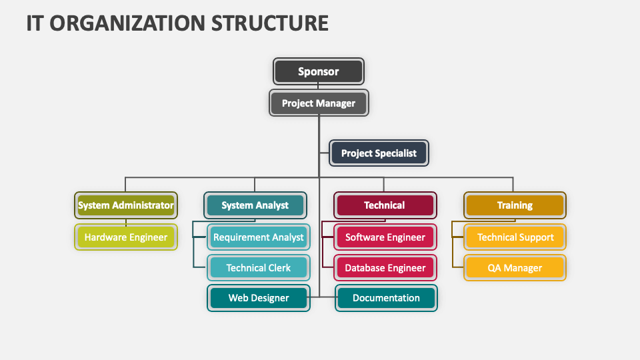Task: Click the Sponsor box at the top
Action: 319,71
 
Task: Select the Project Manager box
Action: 319,103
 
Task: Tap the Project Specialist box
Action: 379,153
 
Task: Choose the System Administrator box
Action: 125,205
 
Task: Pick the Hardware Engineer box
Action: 125,237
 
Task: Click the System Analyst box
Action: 255,205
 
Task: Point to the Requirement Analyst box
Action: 258,237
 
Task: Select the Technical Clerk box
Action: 258,268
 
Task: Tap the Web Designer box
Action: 258,298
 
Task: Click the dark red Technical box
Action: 385,205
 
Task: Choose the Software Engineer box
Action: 385,237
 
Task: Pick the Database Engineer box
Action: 385,268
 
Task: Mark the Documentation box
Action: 386,298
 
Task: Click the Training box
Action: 515,205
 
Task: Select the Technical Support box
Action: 515,237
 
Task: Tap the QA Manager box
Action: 515,268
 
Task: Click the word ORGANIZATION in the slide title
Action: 129,23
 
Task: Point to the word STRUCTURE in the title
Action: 270,23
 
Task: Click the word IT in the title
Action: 35,23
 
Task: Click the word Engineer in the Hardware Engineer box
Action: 148,237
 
